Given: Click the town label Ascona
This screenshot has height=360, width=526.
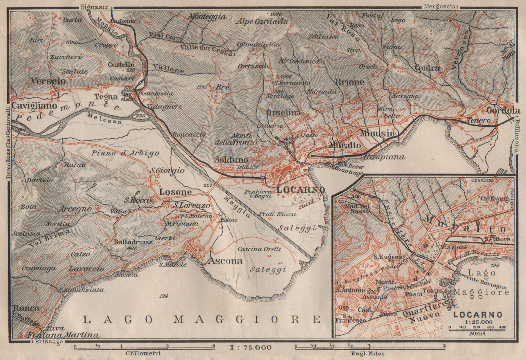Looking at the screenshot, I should coord(226,261).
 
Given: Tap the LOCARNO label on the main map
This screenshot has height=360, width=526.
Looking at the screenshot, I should coord(301,190).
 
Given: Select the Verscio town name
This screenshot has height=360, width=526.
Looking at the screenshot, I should coord(48,81).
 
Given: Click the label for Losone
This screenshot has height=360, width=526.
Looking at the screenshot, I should coord(175,191).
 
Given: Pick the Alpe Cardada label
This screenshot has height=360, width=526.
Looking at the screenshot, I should coord(262,21).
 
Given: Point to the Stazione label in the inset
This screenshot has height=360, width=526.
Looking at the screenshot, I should coord(454,247).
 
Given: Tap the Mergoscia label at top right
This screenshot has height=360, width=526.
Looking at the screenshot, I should coord(440,6).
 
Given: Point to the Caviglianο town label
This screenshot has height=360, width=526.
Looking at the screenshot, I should coord(34,106).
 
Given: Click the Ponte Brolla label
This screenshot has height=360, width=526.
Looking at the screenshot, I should coord(155,93).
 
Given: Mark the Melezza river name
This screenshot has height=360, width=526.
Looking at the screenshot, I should coord(104,118).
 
